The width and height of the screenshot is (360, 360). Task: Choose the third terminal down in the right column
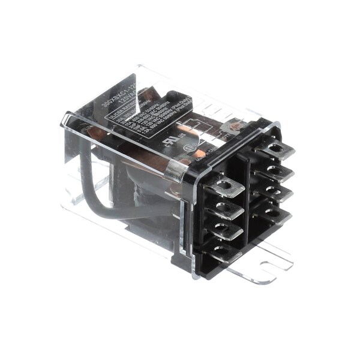pos(274,193)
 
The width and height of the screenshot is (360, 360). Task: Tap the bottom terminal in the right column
pos(271,214)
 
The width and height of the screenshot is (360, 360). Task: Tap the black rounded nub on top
pos(175,95)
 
